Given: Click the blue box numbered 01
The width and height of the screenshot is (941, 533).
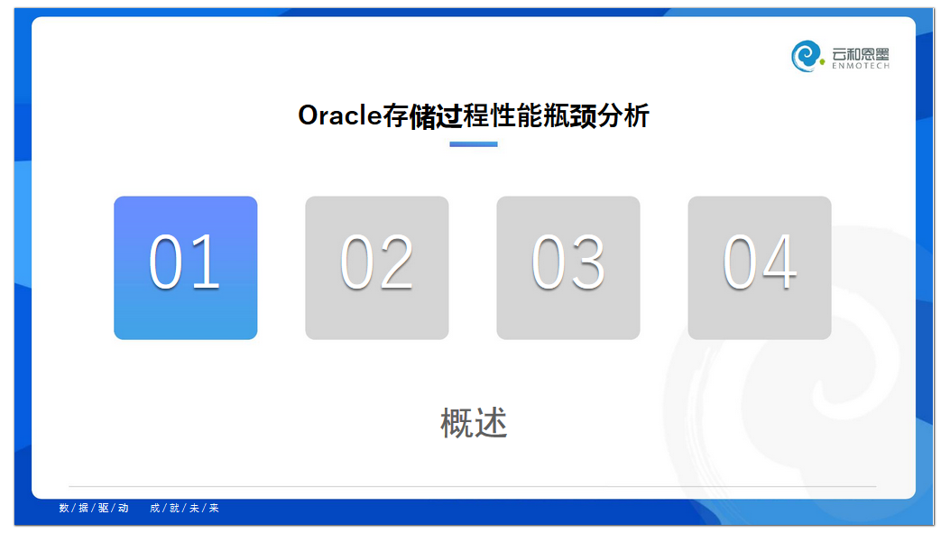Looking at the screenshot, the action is click(186, 268).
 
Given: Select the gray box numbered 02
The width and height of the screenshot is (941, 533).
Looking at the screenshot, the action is click(377, 268).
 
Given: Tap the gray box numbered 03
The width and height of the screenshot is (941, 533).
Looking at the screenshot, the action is click(568, 268).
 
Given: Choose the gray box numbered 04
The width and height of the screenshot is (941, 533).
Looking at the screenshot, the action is click(760, 268).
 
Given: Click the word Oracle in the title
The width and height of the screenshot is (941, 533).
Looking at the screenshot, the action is click(340, 115).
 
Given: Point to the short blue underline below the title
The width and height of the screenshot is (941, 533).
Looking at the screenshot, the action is click(474, 144).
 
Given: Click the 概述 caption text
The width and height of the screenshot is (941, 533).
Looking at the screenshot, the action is click(474, 423).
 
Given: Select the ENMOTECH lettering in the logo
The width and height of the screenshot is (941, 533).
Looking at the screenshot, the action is click(861, 66).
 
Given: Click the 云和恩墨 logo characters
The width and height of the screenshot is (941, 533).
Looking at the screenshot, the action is click(861, 53).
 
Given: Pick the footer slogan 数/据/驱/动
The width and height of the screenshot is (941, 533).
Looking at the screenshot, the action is click(94, 508).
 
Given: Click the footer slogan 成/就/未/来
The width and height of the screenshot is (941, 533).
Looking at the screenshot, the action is click(184, 508).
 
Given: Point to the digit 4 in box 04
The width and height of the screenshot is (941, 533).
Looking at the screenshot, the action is click(779, 262).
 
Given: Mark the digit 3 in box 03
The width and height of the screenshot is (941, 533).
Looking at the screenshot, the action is click(587, 262).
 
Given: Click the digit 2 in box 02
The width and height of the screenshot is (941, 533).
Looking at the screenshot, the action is click(396, 262).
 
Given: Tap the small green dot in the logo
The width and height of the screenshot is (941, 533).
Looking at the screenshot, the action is click(822, 61).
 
